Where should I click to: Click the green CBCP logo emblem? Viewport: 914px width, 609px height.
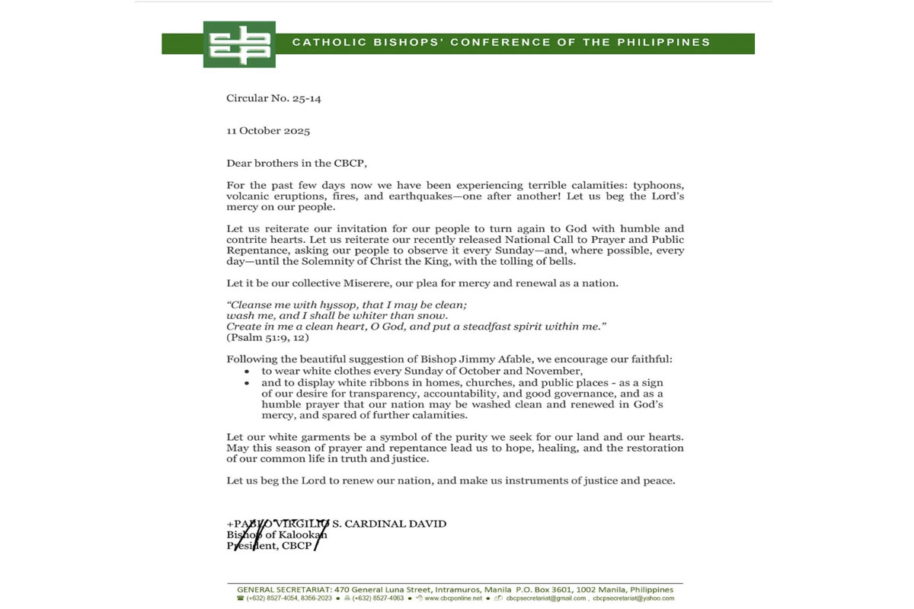239,44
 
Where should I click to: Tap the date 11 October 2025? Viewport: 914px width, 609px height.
268,131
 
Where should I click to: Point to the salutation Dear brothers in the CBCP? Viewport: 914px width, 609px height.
289,163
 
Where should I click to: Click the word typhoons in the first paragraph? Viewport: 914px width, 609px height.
655,186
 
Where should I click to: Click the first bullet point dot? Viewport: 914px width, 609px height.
247,371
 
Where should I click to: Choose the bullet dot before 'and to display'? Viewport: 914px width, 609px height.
247,383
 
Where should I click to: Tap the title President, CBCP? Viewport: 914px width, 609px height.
270,545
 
